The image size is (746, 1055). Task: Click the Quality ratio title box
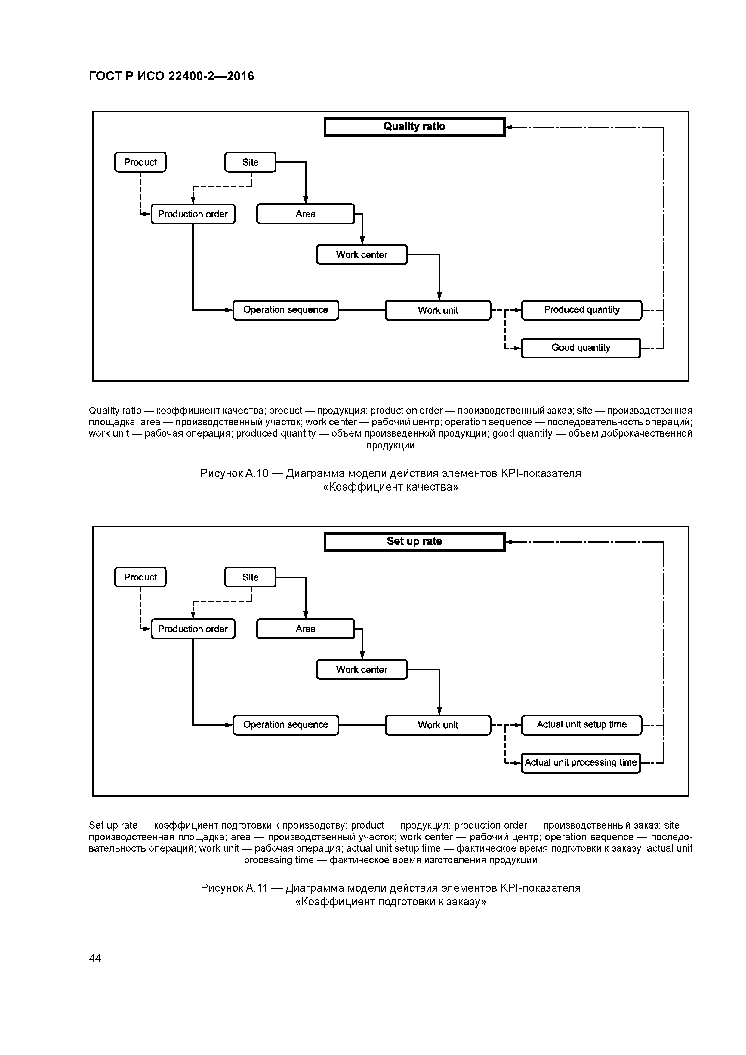point(414,127)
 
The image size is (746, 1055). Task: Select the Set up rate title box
point(414,542)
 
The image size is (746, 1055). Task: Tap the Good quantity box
point(581,348)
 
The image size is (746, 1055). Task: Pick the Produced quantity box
point(581,310)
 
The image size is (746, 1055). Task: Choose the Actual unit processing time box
point(581,763)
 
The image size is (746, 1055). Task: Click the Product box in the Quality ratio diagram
point(140,162)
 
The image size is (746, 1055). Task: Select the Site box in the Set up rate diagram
point(250,577)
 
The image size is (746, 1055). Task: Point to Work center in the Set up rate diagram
point(362,669)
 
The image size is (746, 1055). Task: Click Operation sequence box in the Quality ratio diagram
point(285,310)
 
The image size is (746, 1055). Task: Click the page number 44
point(95,958)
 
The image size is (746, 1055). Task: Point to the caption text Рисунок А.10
point(234,473)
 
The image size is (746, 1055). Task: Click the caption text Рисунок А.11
point(234,888)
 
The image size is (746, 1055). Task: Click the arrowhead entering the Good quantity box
point(518,348)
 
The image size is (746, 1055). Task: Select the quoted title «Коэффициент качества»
point(390,487)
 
